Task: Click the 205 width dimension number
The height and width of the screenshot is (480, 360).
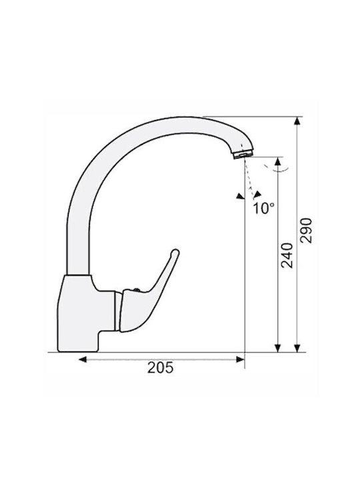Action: tap(161, 367)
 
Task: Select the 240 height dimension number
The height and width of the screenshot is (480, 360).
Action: tap(287, 255)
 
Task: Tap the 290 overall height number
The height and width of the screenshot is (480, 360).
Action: tap(305, 231)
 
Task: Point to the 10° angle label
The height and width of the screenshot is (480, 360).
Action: tap(264, 209)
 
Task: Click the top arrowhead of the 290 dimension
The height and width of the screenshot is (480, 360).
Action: tap(296, 121)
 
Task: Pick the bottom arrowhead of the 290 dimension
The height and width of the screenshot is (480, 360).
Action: tap(296, 348)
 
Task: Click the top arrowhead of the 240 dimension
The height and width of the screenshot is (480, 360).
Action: tap(277, 161)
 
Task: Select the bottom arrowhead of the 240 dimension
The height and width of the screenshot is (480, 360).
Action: tap(277, 348)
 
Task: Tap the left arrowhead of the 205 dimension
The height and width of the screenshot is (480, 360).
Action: tap(83, 359)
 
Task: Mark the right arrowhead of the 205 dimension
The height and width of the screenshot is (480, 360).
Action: tap(240, 359)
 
